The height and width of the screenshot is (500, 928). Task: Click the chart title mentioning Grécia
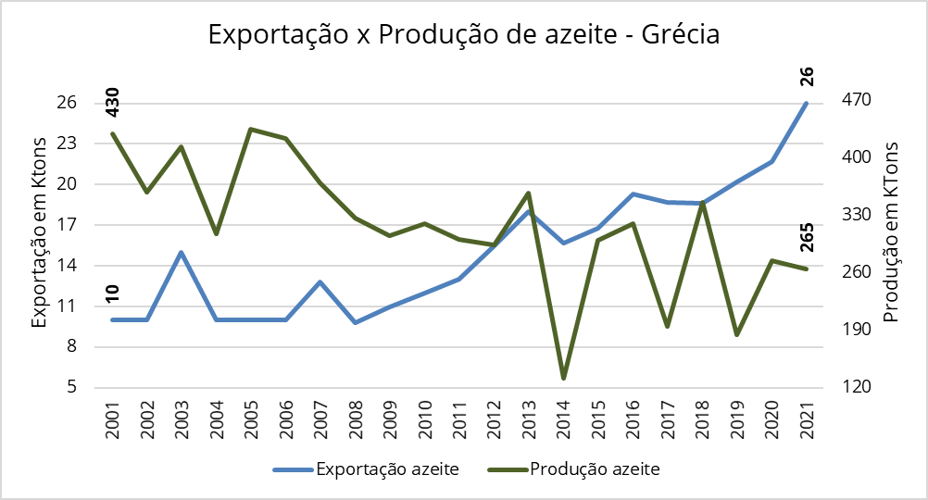(x=463, y=35)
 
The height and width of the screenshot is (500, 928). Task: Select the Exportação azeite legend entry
(x=387, y=469)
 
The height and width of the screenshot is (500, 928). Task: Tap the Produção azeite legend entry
(x=595, y=469)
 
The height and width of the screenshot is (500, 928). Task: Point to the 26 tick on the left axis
(x=66, y=103)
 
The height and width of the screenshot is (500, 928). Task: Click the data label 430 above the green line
(x=113, y=102)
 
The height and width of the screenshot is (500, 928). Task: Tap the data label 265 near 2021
(x=806, y=239)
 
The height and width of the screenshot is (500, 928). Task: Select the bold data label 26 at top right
(x=806, y=77)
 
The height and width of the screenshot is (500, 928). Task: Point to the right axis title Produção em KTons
(x=891, y=231)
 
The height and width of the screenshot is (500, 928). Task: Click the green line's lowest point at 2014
(x=563, y=378)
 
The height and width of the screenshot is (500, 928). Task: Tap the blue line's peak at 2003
(x=182, y=252)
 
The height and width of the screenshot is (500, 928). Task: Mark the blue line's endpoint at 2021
(x=807, y=103)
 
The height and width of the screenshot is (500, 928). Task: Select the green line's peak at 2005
(x=251, y=129)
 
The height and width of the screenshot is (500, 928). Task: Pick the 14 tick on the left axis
(x=66, y=266)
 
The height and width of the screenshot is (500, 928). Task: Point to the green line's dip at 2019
(x=737, y=334)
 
